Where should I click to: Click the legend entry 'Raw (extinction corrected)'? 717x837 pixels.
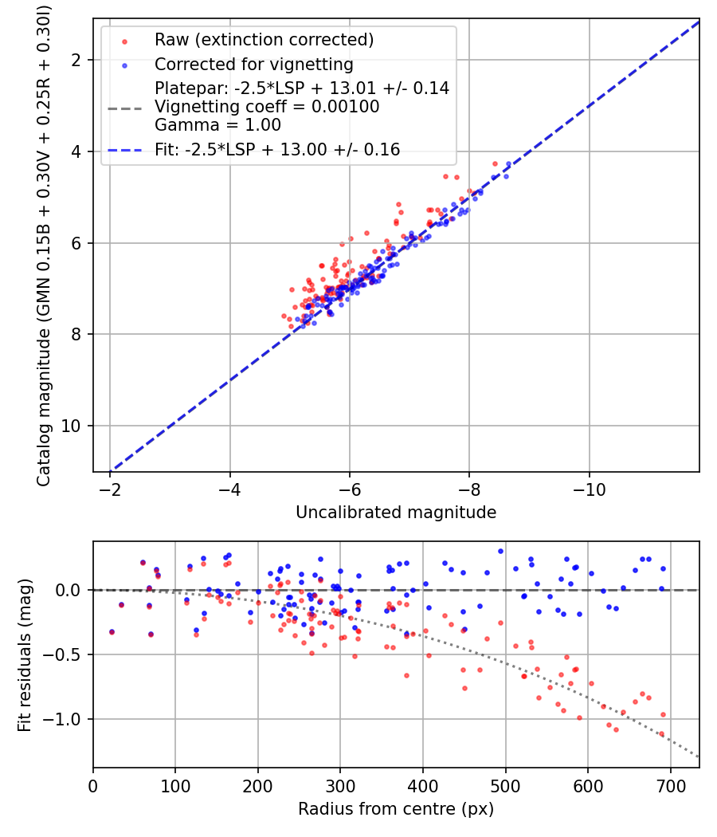[264, 40]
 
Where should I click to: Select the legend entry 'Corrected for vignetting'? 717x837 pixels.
[253, 64]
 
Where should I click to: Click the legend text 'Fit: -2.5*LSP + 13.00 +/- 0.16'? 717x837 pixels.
[277, 149]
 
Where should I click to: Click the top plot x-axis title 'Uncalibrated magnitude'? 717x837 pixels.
[396, 513]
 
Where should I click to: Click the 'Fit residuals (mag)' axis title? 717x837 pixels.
[25, 654]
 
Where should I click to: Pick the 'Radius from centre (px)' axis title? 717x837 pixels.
[396, 809]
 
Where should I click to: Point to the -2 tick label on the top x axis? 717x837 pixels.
[111, 489]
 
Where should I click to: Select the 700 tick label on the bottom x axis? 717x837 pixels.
[670, 786]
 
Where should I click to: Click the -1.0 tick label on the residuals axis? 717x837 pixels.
[65, 720]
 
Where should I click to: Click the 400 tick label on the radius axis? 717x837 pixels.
[423, 786]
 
